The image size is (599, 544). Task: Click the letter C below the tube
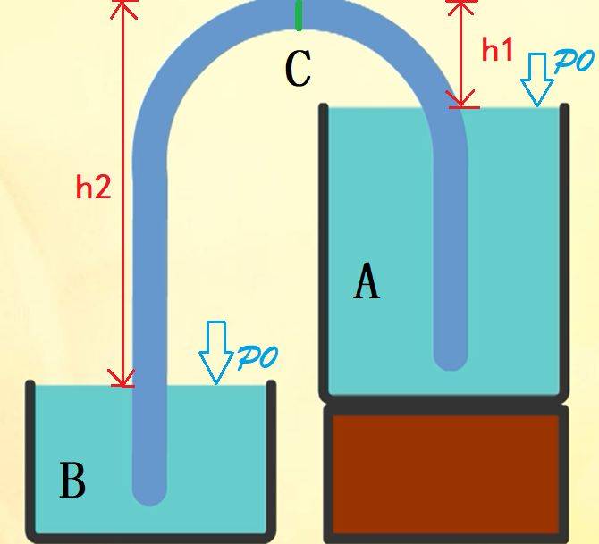[x=299, y=69]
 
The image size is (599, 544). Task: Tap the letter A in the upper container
[x=367, y=280]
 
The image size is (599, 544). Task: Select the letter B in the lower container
[x=72, y=480]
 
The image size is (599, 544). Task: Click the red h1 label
[x=496, y=50]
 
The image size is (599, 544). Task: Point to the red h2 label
[x=94, y=187]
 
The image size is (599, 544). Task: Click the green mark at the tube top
[x=299, y=15]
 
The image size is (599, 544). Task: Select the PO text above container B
[x=257, y=357]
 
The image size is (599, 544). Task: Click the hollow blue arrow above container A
[x=537, y=80]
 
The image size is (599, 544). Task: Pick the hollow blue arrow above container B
[x=215, y=352]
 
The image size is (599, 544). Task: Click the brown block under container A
[x=446, y=473]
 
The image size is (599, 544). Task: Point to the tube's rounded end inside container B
[x=149, y=494]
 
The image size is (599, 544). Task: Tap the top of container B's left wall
[x=30, y=383]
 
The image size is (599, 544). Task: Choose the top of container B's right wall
[x=271, y=383]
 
